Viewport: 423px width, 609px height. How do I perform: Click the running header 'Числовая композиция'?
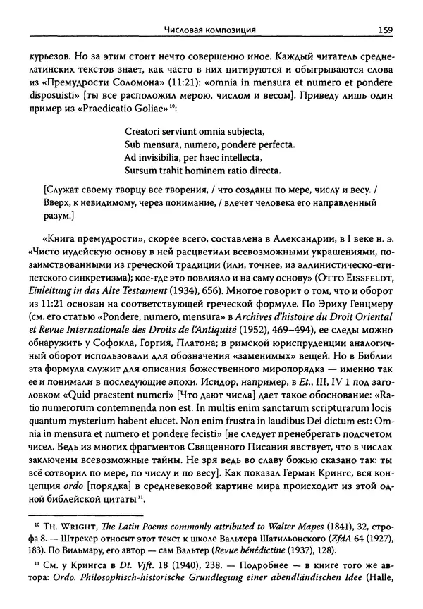point(209,30)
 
